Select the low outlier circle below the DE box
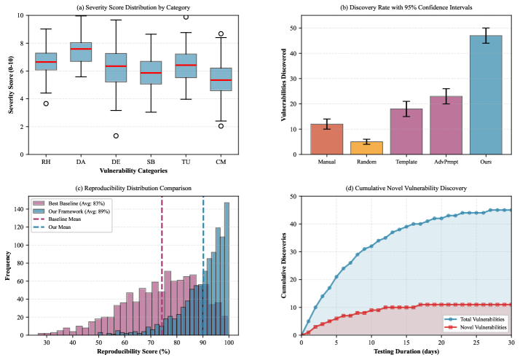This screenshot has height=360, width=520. [116, 136]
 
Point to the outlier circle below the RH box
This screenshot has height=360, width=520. [45, 103]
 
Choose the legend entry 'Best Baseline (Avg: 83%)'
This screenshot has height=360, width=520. [79, 203]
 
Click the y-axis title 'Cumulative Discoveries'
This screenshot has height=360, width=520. [283, 265]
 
